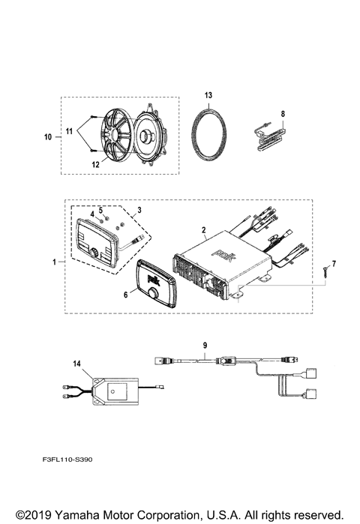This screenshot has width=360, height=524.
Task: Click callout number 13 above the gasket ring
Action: point(208,94)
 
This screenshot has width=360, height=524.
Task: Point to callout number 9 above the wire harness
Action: point(204,346)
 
